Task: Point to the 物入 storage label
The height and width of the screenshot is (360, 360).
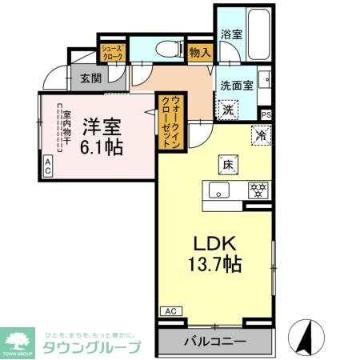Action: coord(199,53)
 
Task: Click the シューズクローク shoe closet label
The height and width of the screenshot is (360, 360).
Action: coord(111,54)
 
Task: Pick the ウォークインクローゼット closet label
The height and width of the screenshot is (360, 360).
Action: coord(170,119)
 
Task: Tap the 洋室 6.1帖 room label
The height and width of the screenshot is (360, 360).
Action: coord(102,135)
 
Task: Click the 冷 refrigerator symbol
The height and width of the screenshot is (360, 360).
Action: coord(260,135)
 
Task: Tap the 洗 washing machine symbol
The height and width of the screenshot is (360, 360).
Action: coord(228,109)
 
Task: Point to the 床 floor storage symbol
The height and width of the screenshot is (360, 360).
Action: coord(227,165)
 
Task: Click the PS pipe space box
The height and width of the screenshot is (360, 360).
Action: coord(266,114)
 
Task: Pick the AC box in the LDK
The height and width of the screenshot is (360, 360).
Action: coord(170,310)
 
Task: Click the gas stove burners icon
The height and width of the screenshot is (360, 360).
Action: coord(258,190)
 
